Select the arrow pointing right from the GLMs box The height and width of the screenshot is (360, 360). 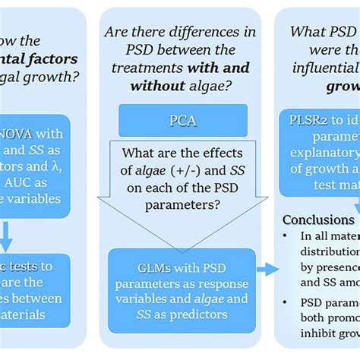point(266,268)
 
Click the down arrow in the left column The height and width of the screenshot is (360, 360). point(6,235)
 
